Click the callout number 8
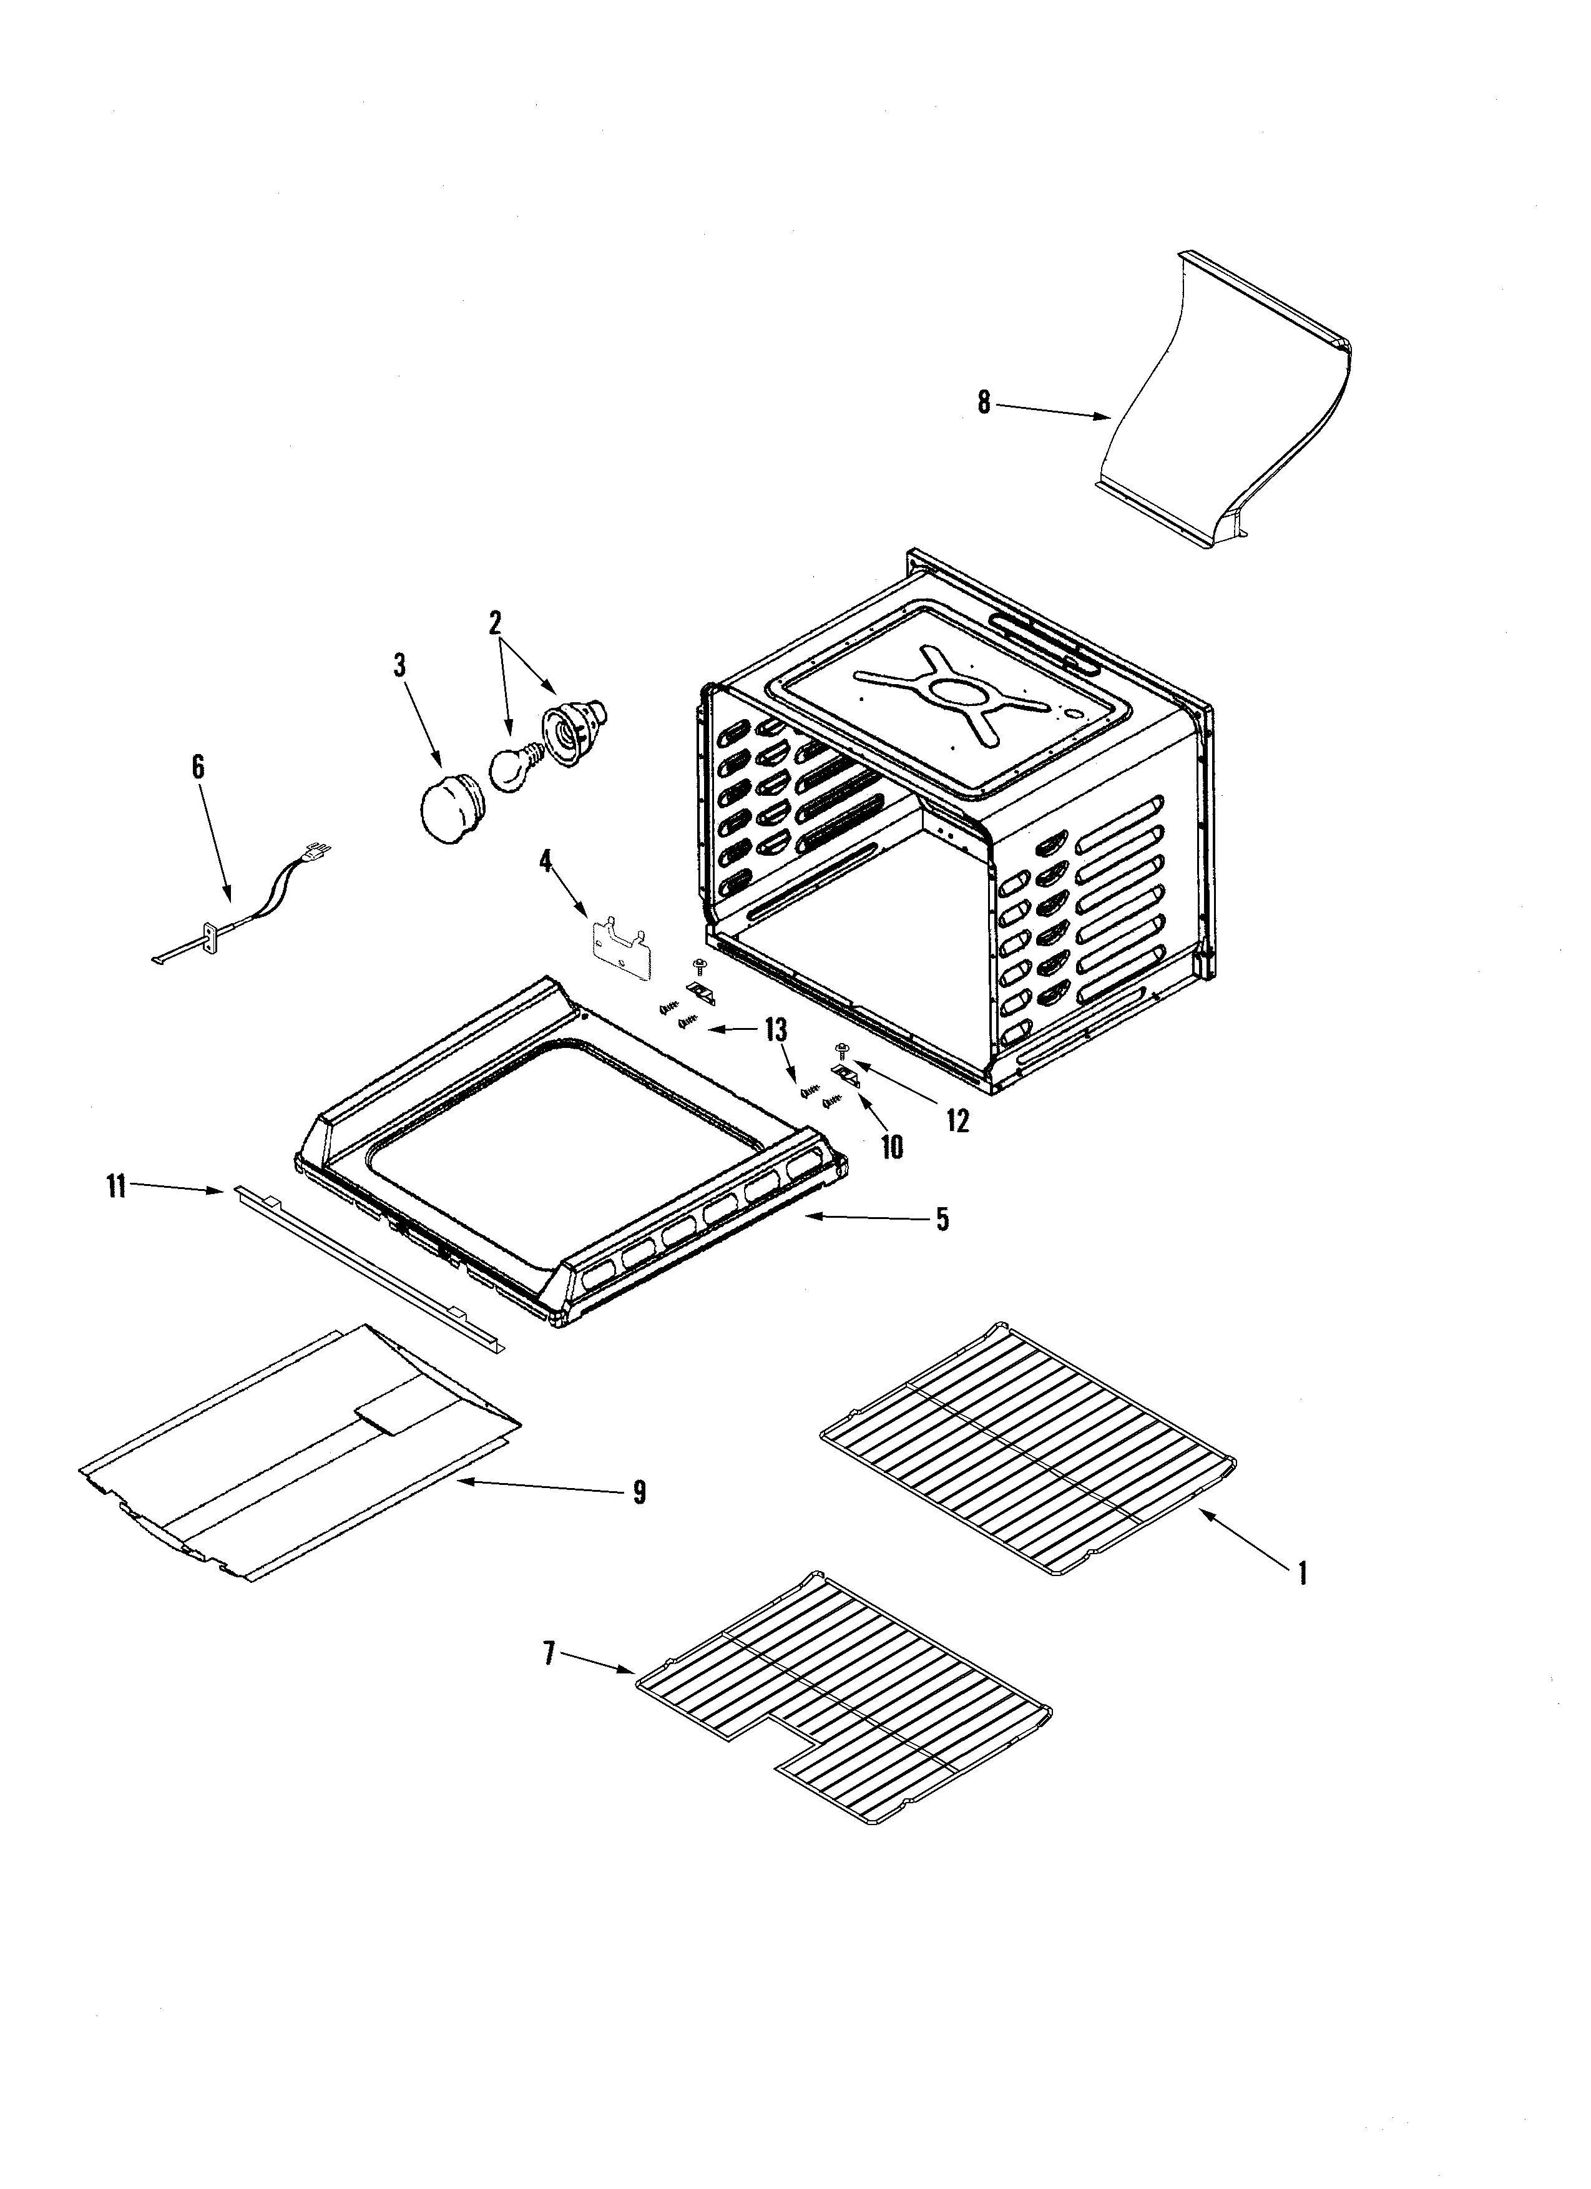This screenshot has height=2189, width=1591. pyautogui.click(x=983, y=403)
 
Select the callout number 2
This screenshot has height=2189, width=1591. pyautogui.click(x=495, y=624)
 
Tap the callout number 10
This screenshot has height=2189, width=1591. pyautogui.click(x=892, y=1148)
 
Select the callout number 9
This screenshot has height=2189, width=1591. pyautogui.click(x=639, y=1492)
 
